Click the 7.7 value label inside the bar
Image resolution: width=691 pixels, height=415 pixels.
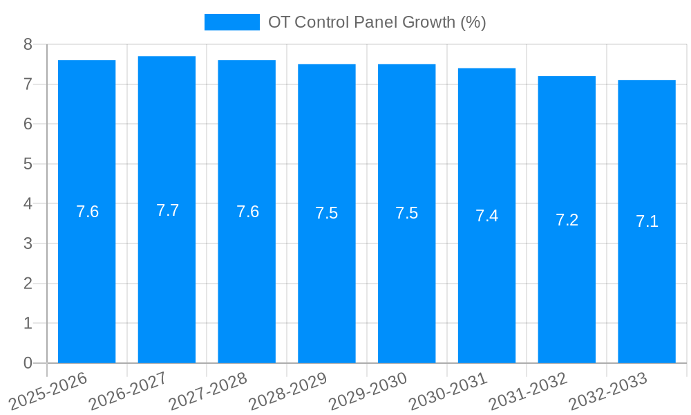(167, 210)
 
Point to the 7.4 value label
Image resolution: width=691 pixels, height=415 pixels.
(486, 216)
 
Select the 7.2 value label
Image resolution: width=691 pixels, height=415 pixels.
(567, 220)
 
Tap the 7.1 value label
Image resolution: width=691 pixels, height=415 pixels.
(647, 221)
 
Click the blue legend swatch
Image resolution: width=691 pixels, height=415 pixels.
(231, 22)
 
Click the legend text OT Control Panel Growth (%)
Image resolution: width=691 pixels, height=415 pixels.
(377, 22)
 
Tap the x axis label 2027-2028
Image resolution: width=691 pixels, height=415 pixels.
(208, 391)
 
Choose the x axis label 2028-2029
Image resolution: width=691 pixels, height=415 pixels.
(288, 391)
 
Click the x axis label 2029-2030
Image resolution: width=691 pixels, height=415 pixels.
(368, 391)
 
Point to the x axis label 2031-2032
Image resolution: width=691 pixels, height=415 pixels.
(529, 391)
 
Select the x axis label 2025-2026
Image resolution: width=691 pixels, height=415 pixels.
(48, 391)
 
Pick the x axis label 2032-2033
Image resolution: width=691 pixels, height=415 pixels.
(608, 391)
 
